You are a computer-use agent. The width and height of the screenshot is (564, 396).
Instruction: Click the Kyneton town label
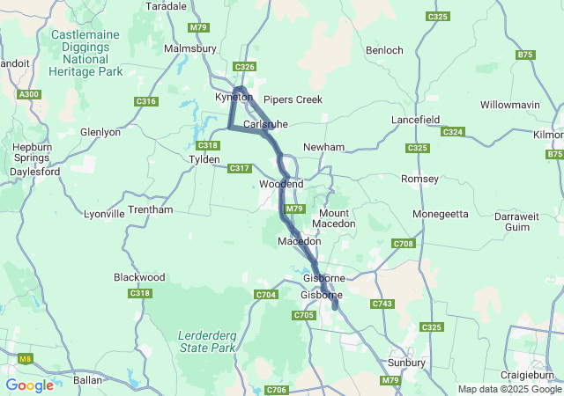[234, 97]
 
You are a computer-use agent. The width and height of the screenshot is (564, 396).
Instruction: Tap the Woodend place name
[281, 184]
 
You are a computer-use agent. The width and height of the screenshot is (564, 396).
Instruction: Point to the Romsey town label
[419, 179]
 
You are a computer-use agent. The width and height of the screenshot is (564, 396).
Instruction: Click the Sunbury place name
[407, 362]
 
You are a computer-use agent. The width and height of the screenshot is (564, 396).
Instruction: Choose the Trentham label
[151, 209]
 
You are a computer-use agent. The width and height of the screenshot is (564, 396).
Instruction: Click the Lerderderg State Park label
[207, 341]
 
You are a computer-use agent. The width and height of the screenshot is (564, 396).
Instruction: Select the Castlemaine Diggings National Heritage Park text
[86, 53]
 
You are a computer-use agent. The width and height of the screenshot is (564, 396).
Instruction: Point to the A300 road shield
[28, 94]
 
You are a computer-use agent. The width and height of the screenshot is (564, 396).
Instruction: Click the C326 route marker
[245, 67]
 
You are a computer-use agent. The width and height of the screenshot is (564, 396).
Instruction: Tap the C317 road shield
[239, 168]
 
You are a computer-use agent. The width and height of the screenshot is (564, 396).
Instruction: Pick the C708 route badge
[404, 243]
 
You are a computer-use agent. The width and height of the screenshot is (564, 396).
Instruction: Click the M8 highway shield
[26, 357]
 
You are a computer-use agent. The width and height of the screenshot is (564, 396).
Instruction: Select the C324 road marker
[453, 131]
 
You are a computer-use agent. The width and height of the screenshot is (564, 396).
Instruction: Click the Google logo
[29, 385]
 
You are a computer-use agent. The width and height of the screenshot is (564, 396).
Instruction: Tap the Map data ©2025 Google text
[509, 389]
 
